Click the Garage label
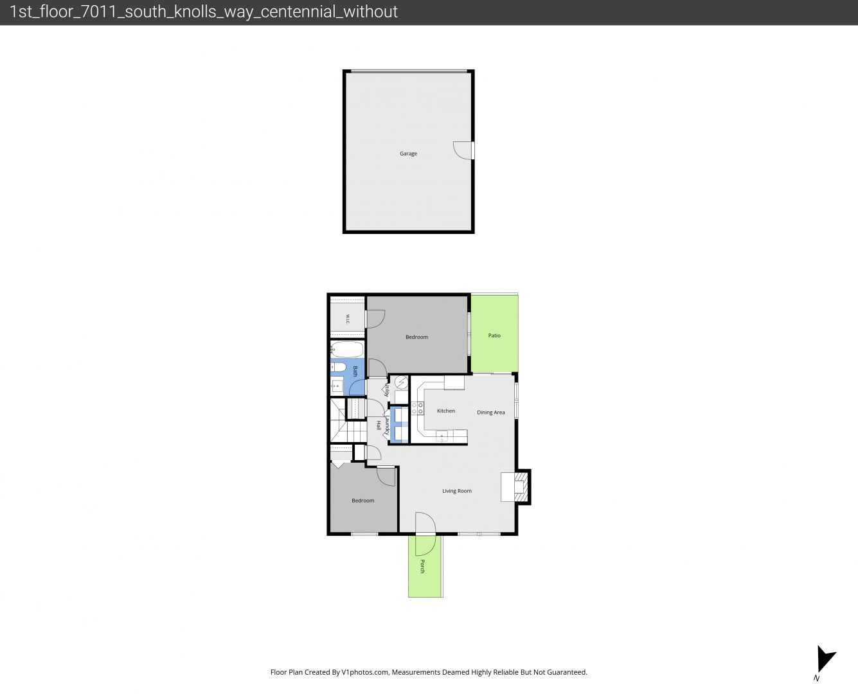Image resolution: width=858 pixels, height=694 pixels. [408, 154]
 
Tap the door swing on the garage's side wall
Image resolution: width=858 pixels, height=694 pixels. [463, 150]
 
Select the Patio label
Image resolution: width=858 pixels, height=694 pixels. [494, 335]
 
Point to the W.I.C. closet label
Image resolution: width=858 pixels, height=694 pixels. [348, 319]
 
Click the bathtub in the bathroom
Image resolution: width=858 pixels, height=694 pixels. [347, 349]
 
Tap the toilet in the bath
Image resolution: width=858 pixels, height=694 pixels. [338, 367]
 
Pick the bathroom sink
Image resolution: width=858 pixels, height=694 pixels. [337, 386]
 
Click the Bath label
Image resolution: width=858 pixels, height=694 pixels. [355, 371]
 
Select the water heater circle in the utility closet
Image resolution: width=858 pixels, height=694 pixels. [401, 382]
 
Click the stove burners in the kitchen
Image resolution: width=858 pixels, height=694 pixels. [417, 408]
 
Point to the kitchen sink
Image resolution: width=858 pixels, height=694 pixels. [442, 436]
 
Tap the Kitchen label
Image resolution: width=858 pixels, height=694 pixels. [446, 411]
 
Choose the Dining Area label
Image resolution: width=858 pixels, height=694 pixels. [490, 413]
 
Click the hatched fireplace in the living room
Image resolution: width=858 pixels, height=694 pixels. [521, 487]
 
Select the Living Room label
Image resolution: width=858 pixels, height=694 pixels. [457, 491]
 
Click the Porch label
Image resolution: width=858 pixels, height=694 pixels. [422, 566]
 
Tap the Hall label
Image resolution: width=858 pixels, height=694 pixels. [379, 425]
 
